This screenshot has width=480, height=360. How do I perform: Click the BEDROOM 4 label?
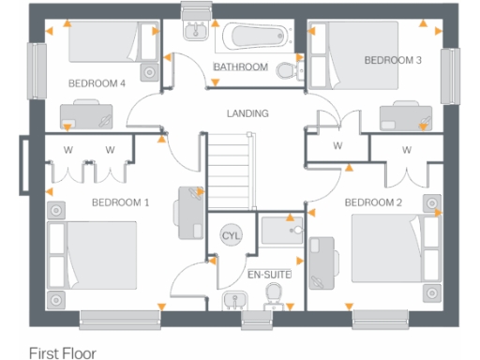[x=97, y=83]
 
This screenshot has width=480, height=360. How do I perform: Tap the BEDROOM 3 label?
[x=393, y=60]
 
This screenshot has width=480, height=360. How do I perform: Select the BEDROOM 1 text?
[x=120, y=202]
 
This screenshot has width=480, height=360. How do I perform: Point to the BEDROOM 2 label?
[x=372, y=202]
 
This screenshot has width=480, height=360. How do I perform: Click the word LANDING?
[x=247, y=113]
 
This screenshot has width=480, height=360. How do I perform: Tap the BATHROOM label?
[x=241, y=67]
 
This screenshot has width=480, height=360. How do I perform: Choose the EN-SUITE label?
[x=269, y=275]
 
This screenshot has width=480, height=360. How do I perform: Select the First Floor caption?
[x=62, y=353]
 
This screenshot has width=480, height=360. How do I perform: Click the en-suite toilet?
[x=275, y=296]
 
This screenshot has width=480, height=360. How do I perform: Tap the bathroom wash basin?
[x=196, y=30]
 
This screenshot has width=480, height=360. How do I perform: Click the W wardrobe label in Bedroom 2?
[x=407, y=150]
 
